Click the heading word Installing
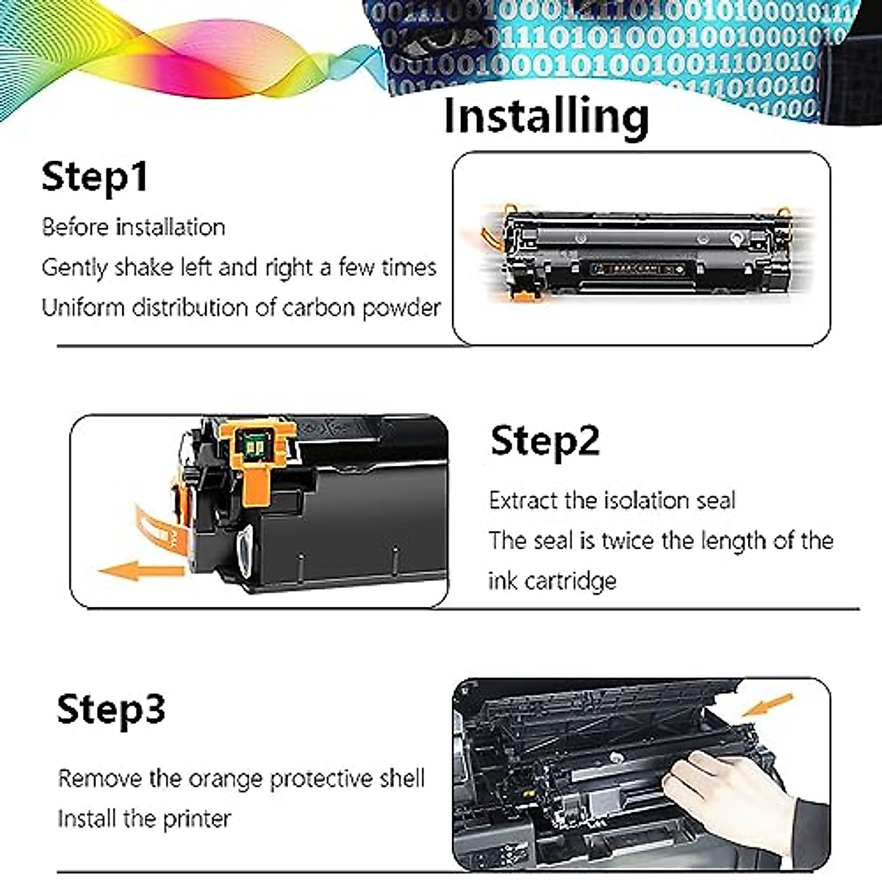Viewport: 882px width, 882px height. pos(546,116)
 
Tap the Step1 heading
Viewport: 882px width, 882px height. pos(94,176)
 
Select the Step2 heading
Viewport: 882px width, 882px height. pos(545,441)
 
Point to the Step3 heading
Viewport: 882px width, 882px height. pos(111,709)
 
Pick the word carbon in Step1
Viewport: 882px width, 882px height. pos(316,307)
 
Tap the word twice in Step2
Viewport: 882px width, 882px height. pos(628,541)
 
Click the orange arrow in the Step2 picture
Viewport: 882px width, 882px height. pos(140,570)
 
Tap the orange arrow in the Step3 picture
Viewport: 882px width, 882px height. pos(768,704)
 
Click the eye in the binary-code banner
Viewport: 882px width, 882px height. pos(415,46)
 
